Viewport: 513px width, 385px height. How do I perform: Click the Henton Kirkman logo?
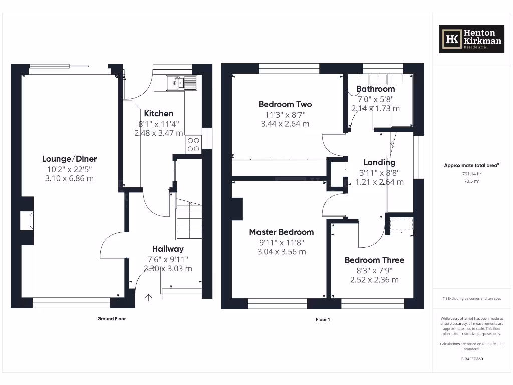click(471, 39)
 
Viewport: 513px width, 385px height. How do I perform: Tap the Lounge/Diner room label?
click(69, 159)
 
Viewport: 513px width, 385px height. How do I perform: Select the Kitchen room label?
click(158, 114)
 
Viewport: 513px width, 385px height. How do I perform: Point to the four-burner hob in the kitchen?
click(193, 144)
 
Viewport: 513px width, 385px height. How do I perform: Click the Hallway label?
click(168, 249)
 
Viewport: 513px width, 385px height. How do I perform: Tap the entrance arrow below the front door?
click(148, 297)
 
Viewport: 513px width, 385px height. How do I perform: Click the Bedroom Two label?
click(285, 104)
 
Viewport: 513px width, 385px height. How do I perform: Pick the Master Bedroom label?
click(282, 232)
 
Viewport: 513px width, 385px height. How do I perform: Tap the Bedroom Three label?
click(374, 260)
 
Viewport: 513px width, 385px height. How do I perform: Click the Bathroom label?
click(375, 89)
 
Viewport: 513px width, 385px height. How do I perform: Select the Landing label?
click(379, 162)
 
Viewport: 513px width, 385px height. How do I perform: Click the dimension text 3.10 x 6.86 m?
click(69, 178)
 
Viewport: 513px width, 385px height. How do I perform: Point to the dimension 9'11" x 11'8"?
click(282, 242)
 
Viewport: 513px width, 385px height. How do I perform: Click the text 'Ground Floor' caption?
click(111, 319)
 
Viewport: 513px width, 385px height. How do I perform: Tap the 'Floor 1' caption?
click(322, 319)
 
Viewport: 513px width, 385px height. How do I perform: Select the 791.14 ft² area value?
click(471, 174)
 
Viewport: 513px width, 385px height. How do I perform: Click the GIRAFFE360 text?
click(471, 359)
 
